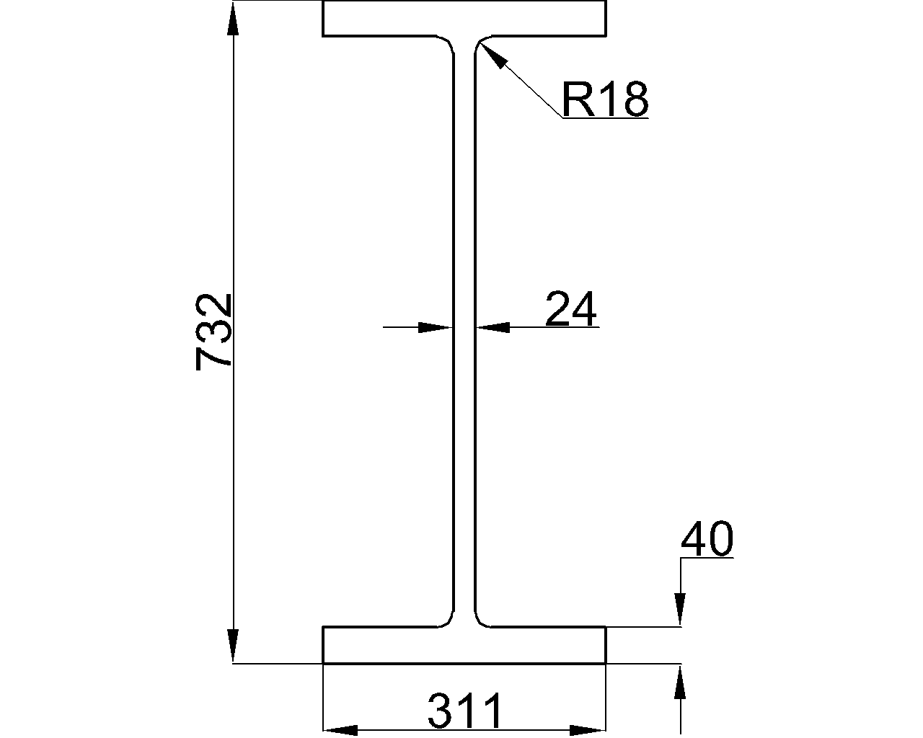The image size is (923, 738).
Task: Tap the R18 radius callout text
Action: point(604,99)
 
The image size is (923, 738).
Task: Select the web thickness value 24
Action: point(571,309)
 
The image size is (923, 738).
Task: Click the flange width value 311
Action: point(464,712)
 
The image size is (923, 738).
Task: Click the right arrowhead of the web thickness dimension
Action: point(493,327)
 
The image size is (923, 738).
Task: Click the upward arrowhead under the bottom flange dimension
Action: point(679,682)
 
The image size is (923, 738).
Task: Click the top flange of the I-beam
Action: point(464,18)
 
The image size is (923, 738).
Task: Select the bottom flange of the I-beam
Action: point(464,645)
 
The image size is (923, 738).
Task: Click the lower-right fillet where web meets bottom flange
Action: point(481,620)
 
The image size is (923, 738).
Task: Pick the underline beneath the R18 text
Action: point(606,117)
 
